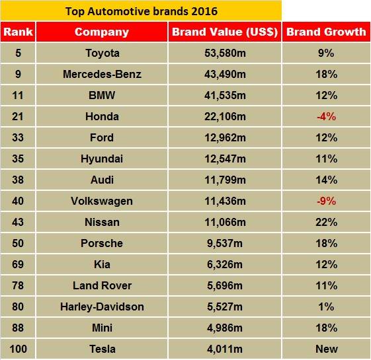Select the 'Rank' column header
coord(18,32)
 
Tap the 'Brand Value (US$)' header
coord(225,32)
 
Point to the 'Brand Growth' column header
coord(327,32)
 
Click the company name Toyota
coord(102,53)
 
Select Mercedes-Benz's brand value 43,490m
coord(225,74)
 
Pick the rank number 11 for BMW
coord(18,95)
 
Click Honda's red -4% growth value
coord(327,116)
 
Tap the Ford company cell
coord(102,137)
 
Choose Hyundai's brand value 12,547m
coord(225,159)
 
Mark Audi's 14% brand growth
coord(327,180)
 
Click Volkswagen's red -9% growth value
coord(327,201)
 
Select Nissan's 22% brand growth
coord(327,222)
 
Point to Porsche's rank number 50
coord(18,243)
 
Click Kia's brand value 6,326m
coord(225,264)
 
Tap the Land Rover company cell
coord(102,285)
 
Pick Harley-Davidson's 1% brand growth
coord(327,306)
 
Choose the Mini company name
coord(102,328)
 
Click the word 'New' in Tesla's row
coord(327,349)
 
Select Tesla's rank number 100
coord(18,349)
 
